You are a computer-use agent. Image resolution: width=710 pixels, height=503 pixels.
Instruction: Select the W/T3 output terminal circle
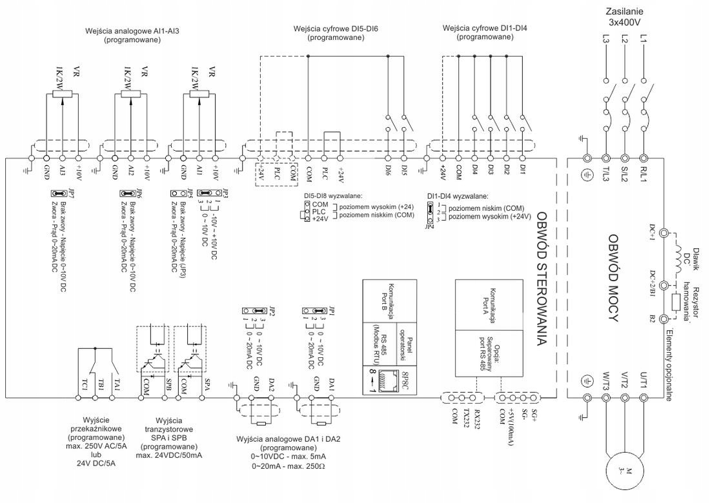click(605, 399)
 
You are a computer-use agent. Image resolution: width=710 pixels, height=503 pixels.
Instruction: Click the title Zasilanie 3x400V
click(624, 17)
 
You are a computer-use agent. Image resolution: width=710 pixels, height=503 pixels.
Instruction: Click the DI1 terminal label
click(522, 170)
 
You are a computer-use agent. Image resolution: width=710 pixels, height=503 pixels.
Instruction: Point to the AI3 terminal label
click(63, 171)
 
